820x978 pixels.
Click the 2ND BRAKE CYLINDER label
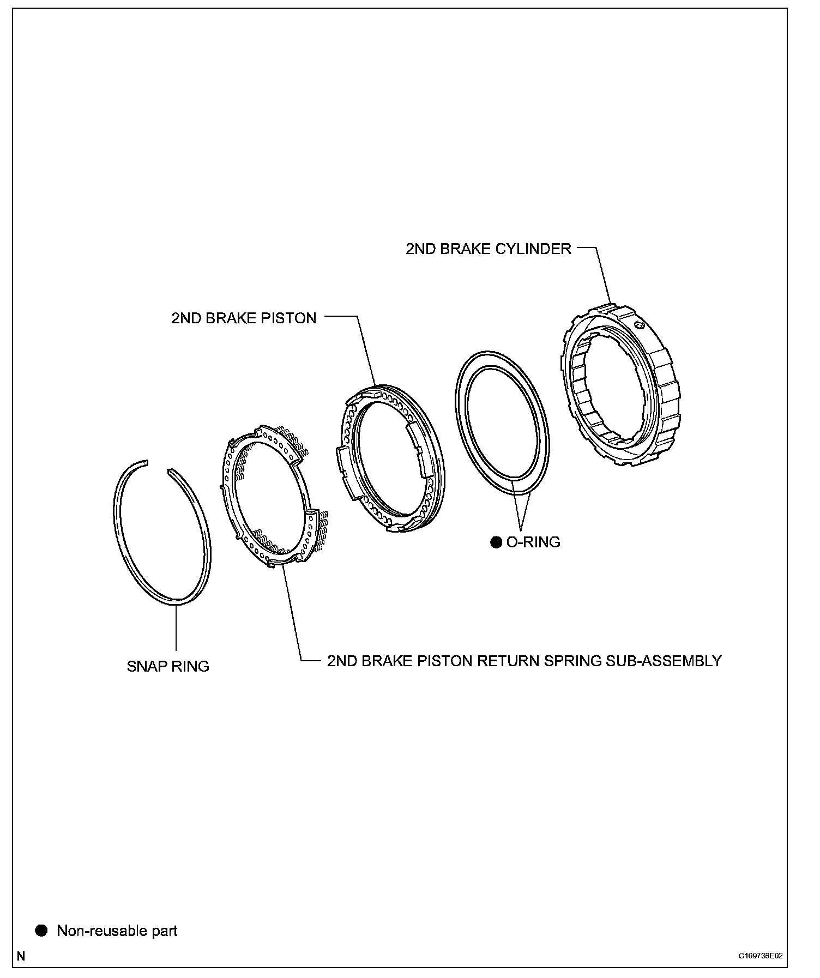point(488,249)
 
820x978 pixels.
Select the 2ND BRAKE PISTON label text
point(244,318)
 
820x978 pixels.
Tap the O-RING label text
point(533,542)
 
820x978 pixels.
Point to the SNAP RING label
point(168,666)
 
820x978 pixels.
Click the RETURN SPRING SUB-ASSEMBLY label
point(524,661)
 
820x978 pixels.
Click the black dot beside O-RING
point(496,542)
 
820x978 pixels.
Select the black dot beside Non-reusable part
point(41,930)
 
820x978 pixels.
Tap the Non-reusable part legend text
point(117,931)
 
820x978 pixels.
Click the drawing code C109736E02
point(761,956)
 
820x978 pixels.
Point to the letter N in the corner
point(21,956)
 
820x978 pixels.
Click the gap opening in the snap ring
point(158,466)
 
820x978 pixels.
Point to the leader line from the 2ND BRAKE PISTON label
point(365,349)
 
